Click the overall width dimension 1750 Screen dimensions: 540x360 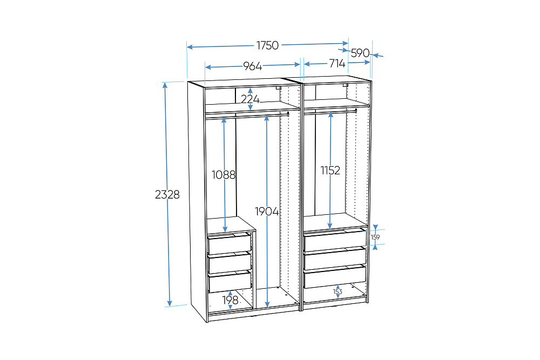[x=267, y=45]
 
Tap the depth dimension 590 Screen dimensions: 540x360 [x=360, y=53]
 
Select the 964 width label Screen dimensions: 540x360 [x=252, y=66]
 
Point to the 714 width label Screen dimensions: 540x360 [x=337, y=63]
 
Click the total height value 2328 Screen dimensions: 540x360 [x=167, y=194]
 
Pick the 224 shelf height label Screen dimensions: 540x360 [x=250, y=99]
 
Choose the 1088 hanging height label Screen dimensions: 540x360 [x=224, y=175]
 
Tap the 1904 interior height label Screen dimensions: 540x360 [x=267, y=212]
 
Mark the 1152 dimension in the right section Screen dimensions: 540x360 [x=330, y=171]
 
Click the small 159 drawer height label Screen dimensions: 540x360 [x=375, y=237]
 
